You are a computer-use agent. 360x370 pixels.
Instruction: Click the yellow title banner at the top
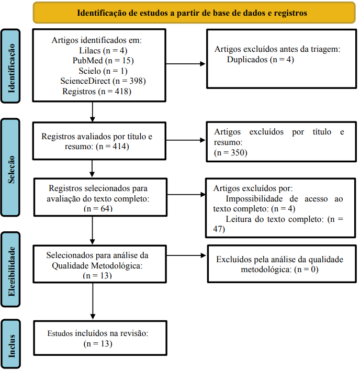point(194,13)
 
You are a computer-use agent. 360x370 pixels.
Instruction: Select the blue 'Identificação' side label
point(10,66)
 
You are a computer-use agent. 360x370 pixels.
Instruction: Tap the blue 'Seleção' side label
point(10,167)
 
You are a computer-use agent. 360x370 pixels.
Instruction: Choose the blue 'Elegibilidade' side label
point(10,270)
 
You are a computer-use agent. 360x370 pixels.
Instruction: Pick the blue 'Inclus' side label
point(10,344)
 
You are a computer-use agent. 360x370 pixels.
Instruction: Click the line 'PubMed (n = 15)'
point(103,61)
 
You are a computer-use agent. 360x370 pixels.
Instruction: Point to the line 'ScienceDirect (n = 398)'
point(103,81)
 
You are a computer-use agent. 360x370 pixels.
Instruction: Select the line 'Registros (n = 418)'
point(97,91)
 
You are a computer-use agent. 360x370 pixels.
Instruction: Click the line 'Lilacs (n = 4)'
point(103,50)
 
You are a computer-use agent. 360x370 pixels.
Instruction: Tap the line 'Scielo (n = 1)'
point(103,71)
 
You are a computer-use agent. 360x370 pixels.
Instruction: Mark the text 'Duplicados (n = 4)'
point(261,60)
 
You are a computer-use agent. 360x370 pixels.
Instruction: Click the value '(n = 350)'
point(230,153)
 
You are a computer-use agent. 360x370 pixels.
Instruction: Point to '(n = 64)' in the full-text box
point(98,209)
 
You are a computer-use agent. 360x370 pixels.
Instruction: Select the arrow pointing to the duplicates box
point(186,64)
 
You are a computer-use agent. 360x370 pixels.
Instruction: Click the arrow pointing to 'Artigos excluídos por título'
point(186,140)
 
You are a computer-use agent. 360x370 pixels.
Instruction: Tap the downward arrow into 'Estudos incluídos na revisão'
point(93,301)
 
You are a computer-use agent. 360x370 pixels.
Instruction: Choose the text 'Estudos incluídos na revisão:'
point(98,333)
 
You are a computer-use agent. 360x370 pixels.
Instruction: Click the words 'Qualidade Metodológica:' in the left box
point(97,266)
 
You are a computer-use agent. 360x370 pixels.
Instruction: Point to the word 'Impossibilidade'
point(254,199)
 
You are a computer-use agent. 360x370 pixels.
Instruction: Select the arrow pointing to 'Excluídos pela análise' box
point(186,255)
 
